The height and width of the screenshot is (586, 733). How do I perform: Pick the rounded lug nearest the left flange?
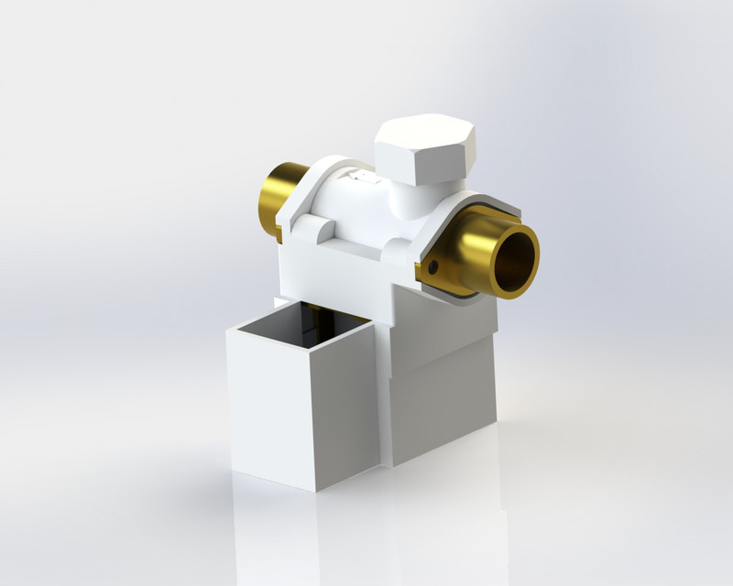pyautogui.click(x=310, y=227)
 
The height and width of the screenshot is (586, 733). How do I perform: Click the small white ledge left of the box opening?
pyautogui.click(x=279, y=301)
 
